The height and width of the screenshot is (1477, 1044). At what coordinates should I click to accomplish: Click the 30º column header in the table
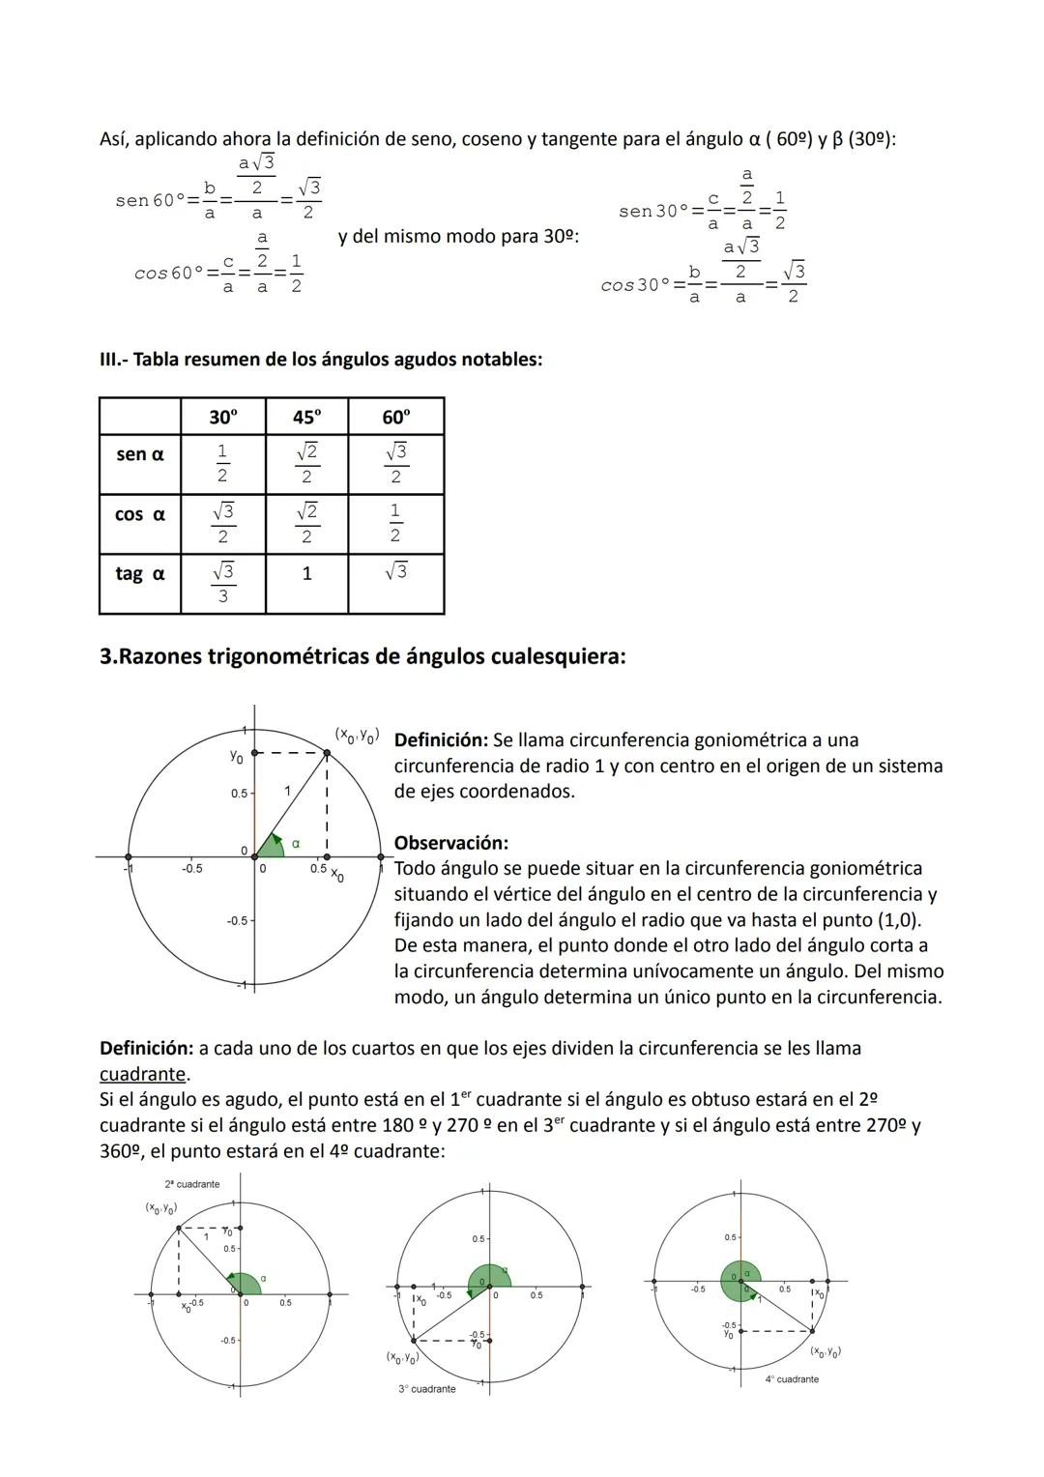click(222, 417)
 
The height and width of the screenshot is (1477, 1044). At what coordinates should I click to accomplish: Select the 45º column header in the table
click(306, 417)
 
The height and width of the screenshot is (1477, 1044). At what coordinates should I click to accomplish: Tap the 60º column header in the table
click(395, 417)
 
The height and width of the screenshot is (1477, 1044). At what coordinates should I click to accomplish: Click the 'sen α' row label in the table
click(140, 454)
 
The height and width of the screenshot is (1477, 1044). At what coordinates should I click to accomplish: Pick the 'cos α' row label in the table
click(140, 514)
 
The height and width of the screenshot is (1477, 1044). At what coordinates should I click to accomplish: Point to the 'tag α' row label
click(140, 573)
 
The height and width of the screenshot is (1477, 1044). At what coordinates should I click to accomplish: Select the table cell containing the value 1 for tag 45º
click(306, 574)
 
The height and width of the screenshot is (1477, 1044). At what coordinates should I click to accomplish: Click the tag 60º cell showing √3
click(395, 571)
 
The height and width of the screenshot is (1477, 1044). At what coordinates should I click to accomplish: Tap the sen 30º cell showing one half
click(222, 463)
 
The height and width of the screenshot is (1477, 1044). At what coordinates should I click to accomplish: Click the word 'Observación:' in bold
click(450, 843)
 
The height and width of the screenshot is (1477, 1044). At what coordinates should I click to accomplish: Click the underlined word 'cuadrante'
click(142, 1074)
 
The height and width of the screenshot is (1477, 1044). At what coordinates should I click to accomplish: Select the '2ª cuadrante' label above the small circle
click(192, 1184)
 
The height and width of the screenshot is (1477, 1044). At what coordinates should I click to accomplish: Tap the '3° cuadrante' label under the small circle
click(426, 1389)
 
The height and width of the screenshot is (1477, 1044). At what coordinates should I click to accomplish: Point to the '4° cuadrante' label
click(792, 1379)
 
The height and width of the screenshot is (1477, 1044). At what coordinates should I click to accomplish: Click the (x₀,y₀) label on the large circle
click(356, 736)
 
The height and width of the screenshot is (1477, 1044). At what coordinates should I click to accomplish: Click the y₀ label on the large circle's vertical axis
click(236, 756)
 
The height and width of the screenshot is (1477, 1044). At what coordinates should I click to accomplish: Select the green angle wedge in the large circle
click(271, 846)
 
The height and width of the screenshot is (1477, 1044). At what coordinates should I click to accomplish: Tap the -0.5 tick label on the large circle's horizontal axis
click(191, 869)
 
